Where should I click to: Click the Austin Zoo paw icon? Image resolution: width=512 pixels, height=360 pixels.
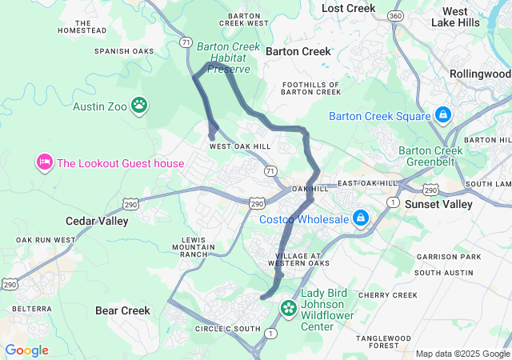(x=140, y=105)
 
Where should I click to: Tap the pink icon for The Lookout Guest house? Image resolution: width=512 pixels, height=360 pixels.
(x=43, y=163)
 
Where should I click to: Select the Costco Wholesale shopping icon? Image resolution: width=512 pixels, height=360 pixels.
(x=361, y=218)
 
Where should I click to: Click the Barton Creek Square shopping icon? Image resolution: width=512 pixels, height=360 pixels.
(x=442, y=116)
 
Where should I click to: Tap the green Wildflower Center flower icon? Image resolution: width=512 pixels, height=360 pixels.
(x=288, y=307)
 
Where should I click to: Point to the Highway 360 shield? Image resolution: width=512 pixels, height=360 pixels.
(x=394, y=16)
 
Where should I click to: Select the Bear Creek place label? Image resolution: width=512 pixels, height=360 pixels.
(x=122, y=310)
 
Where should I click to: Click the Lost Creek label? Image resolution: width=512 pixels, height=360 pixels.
(x=348, y=8)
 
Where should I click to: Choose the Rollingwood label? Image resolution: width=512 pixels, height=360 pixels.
(x=480, y=74)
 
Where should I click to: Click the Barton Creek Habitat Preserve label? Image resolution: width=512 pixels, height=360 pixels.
(x=229, y=58)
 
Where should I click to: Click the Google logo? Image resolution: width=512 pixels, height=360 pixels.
(x=26, y=350)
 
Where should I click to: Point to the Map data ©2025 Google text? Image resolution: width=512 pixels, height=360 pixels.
(x=462, y=354)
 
